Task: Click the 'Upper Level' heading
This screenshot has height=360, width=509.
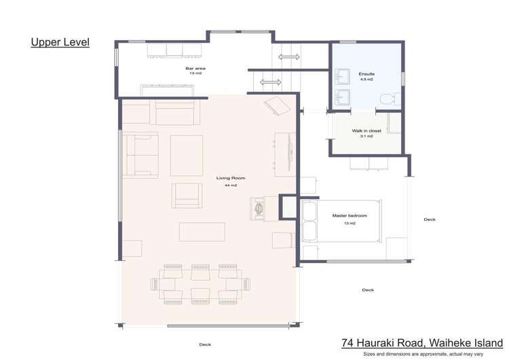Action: point(60,42)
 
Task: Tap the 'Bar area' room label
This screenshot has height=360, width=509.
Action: point(195,68)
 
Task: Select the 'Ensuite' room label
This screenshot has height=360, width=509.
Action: point(366,74)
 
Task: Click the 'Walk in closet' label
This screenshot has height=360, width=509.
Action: point(366,130)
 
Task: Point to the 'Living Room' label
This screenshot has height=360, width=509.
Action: point(231,178)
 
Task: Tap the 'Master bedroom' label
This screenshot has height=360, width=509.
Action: point(350,215)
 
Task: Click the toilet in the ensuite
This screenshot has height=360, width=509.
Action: point(390,99)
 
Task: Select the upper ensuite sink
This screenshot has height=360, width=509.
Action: point(341,76)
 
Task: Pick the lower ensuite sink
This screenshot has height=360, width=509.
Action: point(341,97)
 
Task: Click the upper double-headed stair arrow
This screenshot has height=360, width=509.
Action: point(289,57)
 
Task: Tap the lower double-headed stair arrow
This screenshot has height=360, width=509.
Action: point(271,82)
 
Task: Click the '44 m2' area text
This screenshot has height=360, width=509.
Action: point(231,185)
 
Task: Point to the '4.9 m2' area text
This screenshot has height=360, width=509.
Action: point(366,79)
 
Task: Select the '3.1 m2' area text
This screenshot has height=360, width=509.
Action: point(366,136)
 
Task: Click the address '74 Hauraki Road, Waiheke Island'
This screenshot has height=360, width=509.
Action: point(422,343)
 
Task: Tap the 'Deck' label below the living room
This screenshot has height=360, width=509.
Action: point(205,344)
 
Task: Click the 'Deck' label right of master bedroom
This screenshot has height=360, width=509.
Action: point(430,219)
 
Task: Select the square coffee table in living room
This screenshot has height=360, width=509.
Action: point(187,156)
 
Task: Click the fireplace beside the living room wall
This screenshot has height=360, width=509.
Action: point(259,209)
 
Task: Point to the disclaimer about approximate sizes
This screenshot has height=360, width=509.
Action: point(423,354)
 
